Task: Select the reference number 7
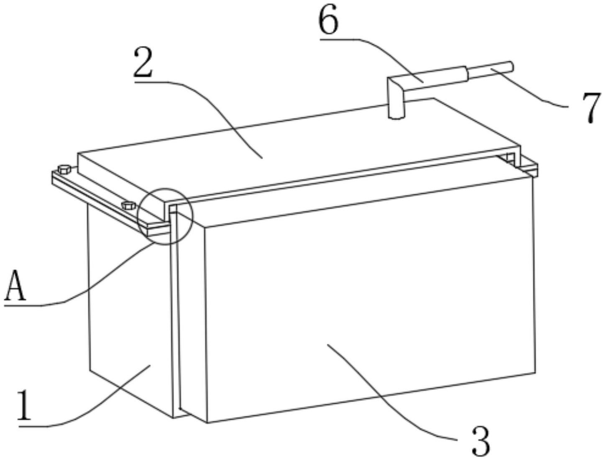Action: tap(591, 108)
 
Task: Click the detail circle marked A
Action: tap(165, 216)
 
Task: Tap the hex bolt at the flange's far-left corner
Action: tap(64, 169)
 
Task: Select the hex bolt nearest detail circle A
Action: tap(128, 205)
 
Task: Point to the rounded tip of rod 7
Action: tap(511, 66)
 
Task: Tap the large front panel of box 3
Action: tap(370, 301)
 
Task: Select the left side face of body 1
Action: tap(130, 309)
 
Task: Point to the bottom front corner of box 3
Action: tap(207, 430)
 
